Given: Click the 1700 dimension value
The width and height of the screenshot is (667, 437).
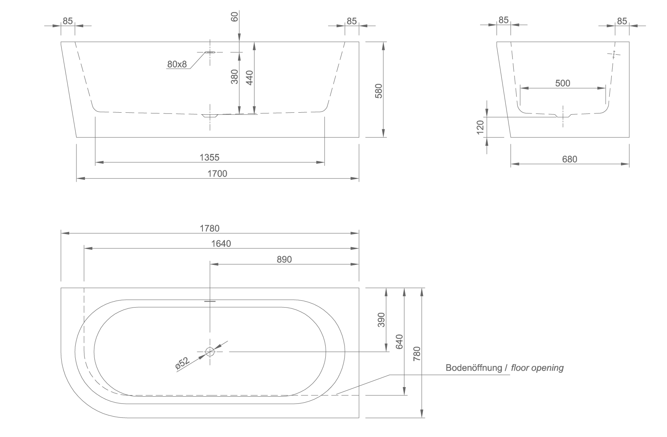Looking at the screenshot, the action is point(217,174).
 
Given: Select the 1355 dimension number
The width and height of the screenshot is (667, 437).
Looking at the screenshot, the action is point(209,157).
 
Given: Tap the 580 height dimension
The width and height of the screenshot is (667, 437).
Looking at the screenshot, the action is point(379,91).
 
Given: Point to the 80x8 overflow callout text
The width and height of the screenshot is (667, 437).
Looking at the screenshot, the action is point(177,64).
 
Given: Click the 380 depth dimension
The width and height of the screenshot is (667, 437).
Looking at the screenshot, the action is point(234,77).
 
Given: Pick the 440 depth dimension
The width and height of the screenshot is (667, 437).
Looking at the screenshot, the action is point(250,78).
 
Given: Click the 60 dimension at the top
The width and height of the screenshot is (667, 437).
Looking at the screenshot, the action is point(234,17).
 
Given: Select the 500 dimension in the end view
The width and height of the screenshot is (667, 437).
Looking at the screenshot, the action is point(563,83).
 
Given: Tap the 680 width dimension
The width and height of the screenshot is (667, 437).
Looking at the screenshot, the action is point(570,159).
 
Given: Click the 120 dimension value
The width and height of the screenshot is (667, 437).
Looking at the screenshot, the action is point(480,127).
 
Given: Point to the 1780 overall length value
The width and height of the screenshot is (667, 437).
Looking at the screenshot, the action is point(210,228).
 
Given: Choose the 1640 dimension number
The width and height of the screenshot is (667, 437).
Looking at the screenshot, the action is point(221,244).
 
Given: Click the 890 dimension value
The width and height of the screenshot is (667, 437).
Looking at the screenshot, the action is point(284,260).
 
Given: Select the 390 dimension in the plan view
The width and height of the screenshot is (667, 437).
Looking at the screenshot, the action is point(381,320).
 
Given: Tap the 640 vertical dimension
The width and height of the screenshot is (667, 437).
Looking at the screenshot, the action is point(399,342).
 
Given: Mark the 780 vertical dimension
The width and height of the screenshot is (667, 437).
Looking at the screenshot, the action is point(417,354).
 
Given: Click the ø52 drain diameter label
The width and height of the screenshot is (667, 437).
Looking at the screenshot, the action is point(182,364).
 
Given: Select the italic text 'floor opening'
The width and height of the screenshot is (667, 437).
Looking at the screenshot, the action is point(537,368).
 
